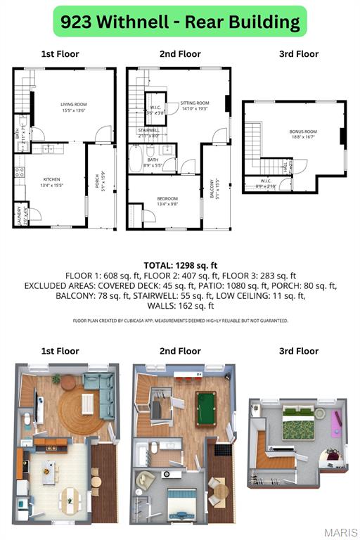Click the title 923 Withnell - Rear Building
pyautogui.click(x=180, y=22)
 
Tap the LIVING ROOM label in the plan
pyautogui.click(x=73, y=105)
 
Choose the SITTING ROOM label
pyautogui.click(x=195, y=104)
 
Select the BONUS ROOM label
pyautogui.click(x=303, y=132)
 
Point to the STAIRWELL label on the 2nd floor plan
pyautogui.click(x=148, y=130)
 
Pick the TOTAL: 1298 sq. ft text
pyautogui.click(x=180, y=266)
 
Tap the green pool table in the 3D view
pyautogui.click(x=206, y=408)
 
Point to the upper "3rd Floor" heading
pyautogui.click(x=298, y=53)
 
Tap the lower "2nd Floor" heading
pyautogui.click(x=180, y=351)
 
